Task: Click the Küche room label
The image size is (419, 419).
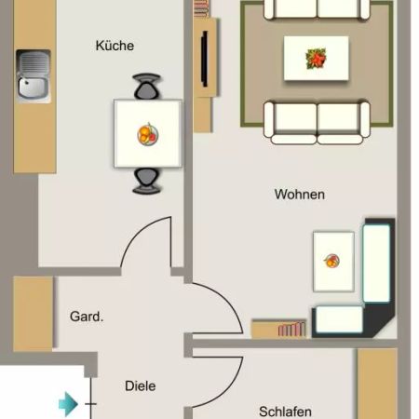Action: (115, 46)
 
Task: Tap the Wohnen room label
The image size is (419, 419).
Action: (299, 195)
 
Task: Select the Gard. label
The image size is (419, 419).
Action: (87, 317)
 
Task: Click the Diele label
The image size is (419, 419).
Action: (140, 385)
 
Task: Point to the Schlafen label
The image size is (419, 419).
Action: (285, 411)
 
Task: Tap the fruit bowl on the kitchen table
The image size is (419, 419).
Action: (147, 134)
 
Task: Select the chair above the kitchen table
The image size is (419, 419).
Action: (147, 88)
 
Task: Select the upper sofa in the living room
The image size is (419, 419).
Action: (317, 9)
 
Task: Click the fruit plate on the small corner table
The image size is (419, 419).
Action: (331, 260)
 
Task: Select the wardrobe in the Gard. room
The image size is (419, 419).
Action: (33, 313)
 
